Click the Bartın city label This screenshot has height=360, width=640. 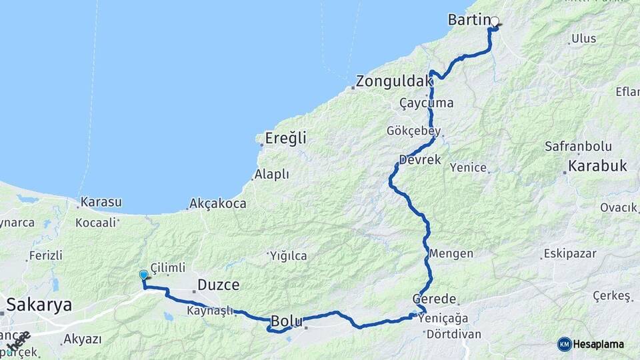pos(469,20)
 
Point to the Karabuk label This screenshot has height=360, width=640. pos(598,166)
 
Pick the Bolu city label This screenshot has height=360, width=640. pos(287,321)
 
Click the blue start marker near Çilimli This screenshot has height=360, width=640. pos(143,275)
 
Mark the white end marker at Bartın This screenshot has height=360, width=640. pos(495,21)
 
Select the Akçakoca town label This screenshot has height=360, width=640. pos(218,203)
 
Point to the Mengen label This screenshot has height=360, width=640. pos(451,253)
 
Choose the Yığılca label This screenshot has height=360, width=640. pos(288,255)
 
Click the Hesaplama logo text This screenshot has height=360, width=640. pos(599,344)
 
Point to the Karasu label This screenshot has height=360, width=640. pos(101,201)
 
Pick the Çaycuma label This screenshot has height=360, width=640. pos(426,103)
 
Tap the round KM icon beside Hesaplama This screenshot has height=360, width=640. pos(564,344)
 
